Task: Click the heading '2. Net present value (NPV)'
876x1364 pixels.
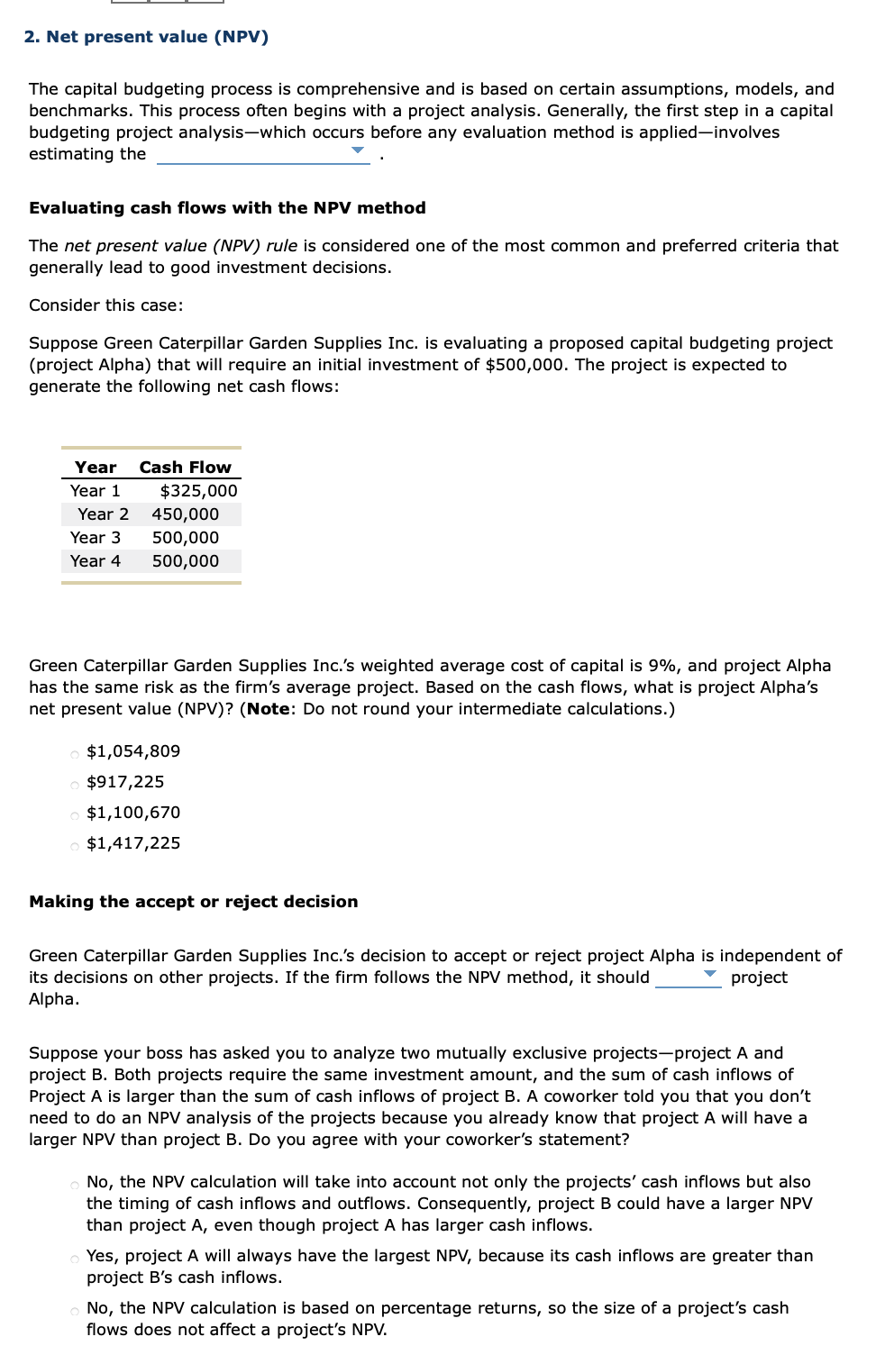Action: point(146,37)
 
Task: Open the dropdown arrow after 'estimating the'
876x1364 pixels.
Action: point(358,150)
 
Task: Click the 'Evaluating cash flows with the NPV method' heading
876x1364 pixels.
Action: point(227,208)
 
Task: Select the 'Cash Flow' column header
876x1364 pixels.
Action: point(185,468)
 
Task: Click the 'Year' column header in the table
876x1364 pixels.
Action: point(96,468)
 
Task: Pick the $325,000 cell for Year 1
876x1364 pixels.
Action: point(198,491)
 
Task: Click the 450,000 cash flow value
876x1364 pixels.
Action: point(185,514)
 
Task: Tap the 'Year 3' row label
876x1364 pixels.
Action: point(96,538)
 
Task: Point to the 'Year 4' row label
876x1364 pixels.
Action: point(96,561)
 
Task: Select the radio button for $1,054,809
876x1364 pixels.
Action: point(75,754)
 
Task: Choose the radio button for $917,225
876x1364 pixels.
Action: point(75,785)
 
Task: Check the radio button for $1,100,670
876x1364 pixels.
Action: point(75,815)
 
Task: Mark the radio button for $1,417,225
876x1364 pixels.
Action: point(75,846)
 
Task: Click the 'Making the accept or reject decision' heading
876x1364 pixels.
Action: point(194,902)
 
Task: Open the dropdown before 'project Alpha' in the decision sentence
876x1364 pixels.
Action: point(709,975)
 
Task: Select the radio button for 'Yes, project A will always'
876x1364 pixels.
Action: point(75,1259)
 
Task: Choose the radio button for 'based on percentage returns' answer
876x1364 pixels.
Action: point(75,1311)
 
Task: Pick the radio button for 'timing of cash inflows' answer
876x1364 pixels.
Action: point(75,1185)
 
